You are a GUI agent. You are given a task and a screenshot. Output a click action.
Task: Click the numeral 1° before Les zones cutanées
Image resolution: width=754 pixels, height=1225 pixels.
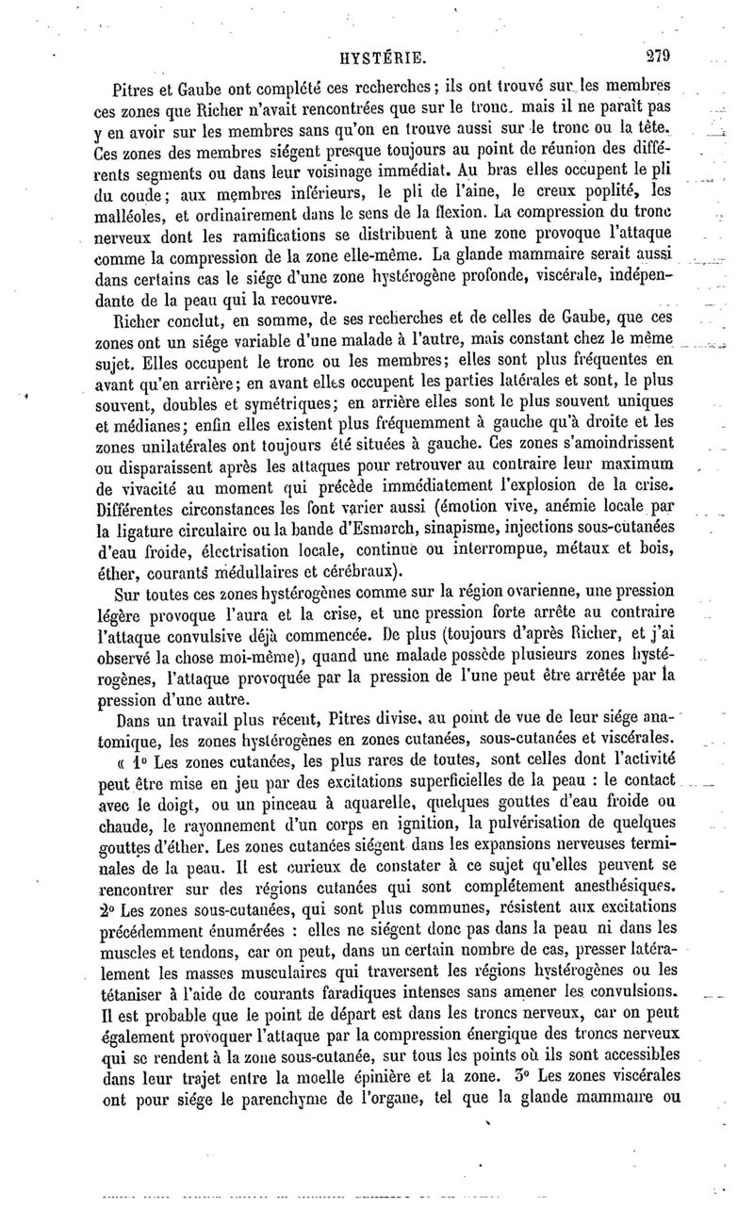[144, 762]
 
